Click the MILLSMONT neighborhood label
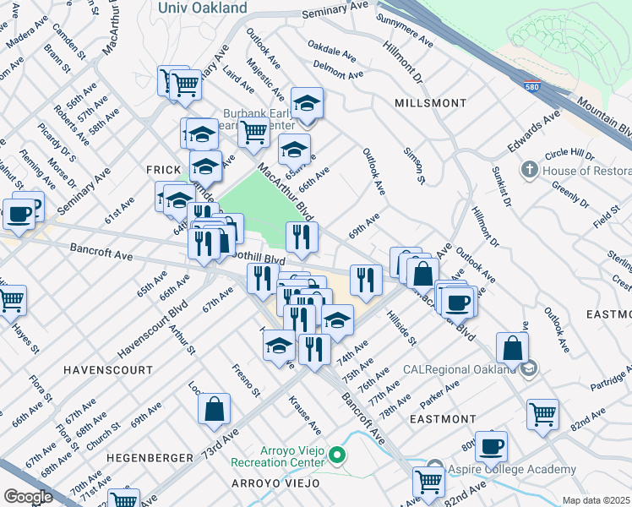(430, 103)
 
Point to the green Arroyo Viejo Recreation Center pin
(337, 456)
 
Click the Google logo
(28, 497)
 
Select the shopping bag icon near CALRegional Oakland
(512, 346)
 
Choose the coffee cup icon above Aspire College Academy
(490, 445)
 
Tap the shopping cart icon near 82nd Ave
(542, 413)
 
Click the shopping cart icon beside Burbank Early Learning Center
(253, 133)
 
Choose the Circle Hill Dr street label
(570, 155)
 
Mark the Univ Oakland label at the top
(203, 8)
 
